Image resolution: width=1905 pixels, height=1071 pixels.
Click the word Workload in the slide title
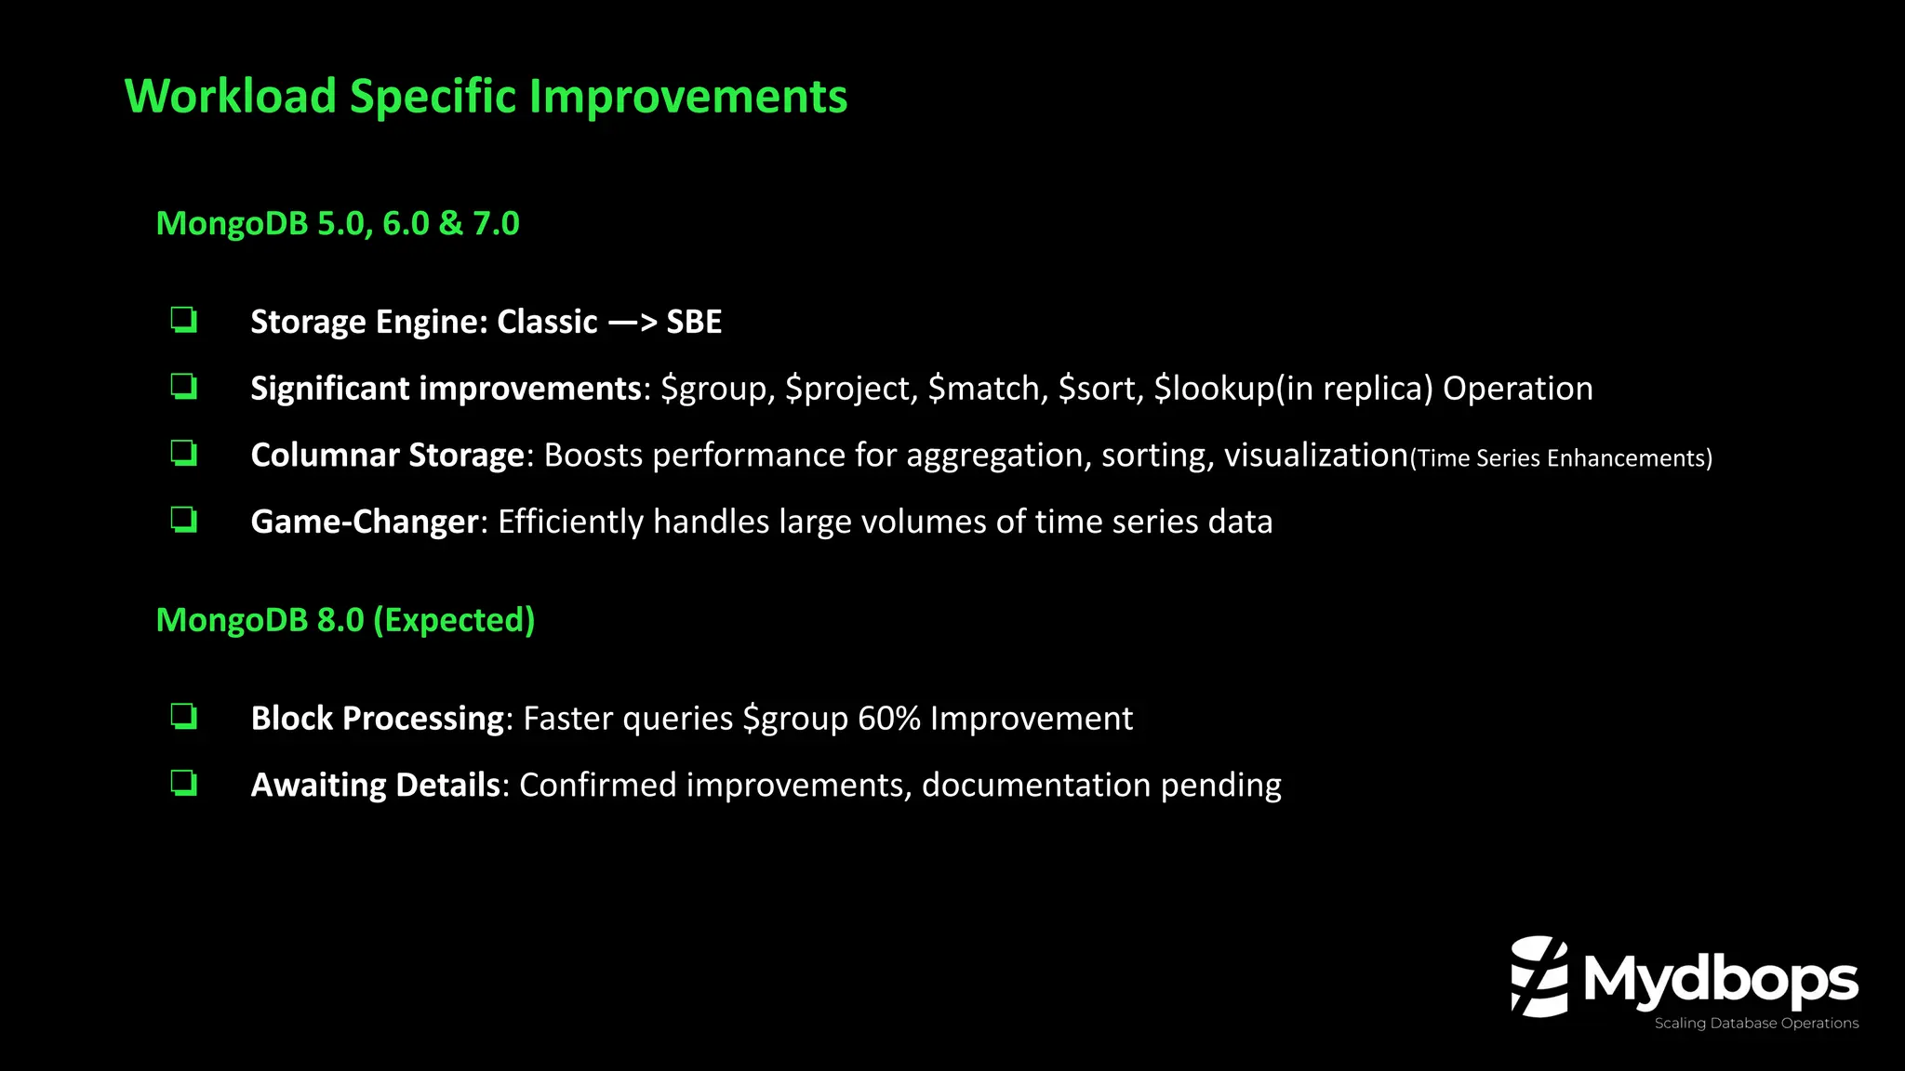[231, 97]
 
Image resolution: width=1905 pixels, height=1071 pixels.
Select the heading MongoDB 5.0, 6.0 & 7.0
[338, 224]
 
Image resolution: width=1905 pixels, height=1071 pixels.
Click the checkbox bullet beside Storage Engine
[183, 321]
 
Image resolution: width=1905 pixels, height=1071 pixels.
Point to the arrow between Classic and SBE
[633, 323]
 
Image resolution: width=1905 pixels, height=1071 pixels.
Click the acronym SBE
[694, 322]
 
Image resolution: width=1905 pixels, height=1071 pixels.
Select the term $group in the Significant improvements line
[717, 389]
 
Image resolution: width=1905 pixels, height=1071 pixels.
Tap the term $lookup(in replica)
[1293, 389]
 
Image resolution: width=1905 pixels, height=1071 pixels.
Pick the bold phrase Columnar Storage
[388, 456]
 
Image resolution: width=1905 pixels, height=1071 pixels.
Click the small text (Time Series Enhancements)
[1561, 458]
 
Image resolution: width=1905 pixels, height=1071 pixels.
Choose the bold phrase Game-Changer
[365, 522]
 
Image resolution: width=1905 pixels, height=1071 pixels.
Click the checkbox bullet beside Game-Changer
[183, 520]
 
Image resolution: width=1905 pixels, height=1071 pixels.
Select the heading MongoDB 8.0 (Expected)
[345, 620]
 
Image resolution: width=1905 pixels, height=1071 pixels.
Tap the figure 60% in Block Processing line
[888, 719]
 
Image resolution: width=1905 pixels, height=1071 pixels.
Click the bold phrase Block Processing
[377, 719]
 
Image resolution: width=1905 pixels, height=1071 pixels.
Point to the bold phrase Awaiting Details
[375, 786]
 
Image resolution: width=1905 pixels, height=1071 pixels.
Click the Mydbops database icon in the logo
[1539, 976]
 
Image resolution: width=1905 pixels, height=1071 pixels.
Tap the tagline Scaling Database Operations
[1755, 1024]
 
